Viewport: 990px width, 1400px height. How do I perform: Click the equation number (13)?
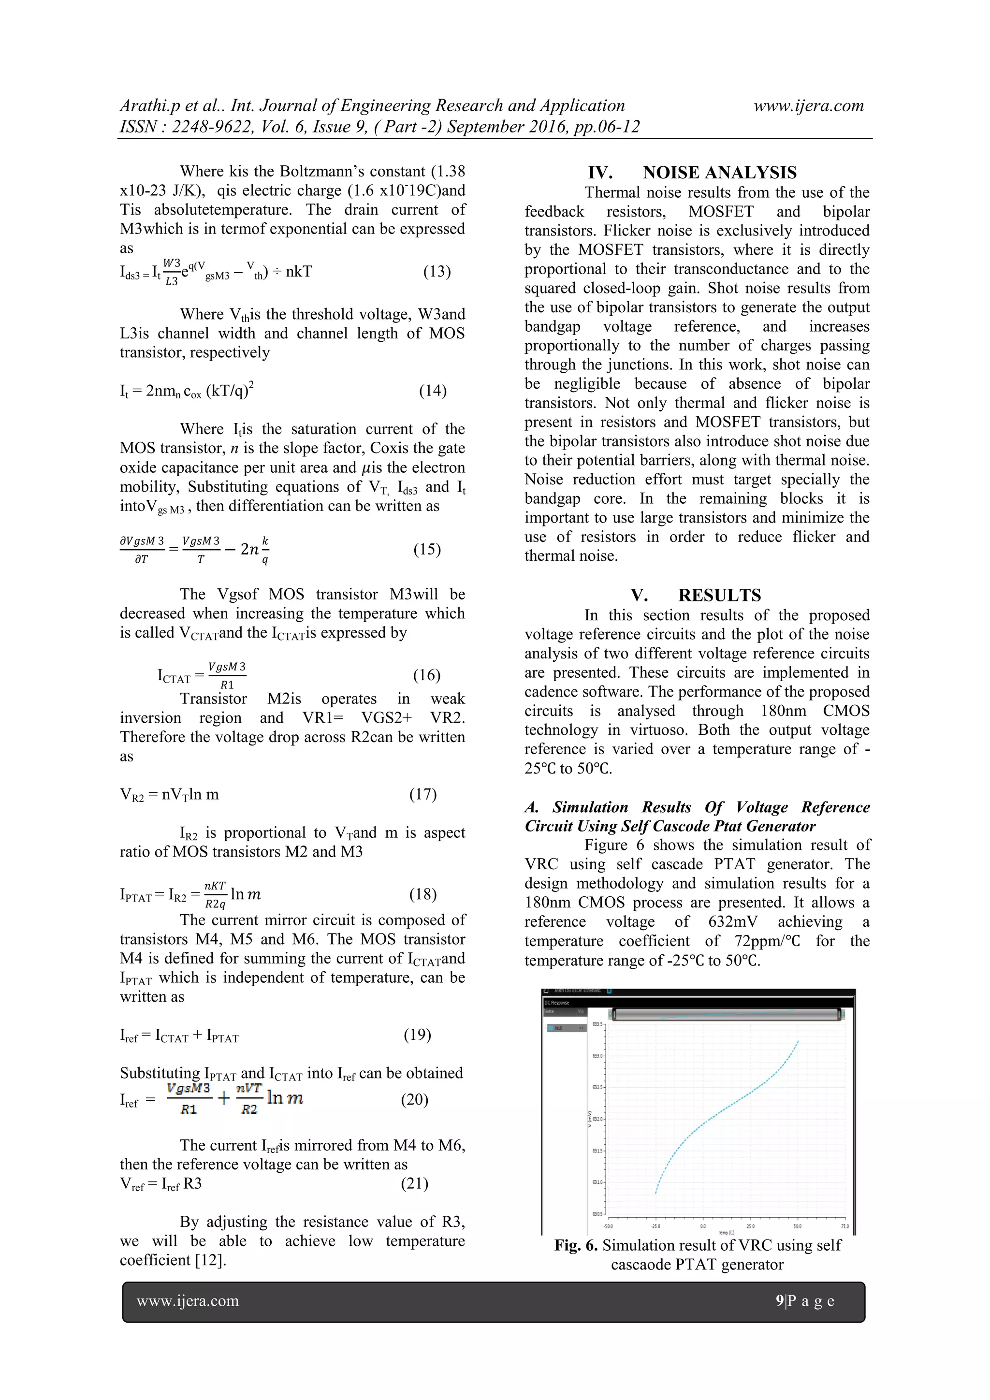pyautogui.click(x=437, y=271)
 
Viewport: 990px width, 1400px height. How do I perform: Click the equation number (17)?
pyautogui.click(x=422, y=794)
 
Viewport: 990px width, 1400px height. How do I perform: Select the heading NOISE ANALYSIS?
pyautogui.click(x=719, y=173)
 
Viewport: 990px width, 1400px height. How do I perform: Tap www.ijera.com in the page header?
pyautogui.click(x=808, y=105)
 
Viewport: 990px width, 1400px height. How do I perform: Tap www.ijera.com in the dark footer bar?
pyautogui.click(x=188, y=1300)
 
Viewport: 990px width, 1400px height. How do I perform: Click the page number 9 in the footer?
pyautogui.click(x=780, y=1300)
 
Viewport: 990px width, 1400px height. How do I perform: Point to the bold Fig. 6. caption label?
pyautogui.click(x=575, y=1245)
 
